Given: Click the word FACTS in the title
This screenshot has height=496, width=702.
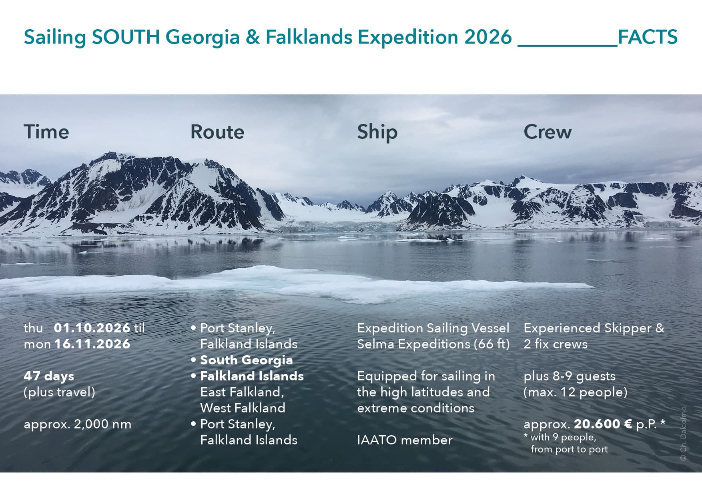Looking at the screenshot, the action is (x=648, y=37).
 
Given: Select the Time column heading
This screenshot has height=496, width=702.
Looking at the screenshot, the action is (x=46, y=132).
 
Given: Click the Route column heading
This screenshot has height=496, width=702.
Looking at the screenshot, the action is (x=217, y=132).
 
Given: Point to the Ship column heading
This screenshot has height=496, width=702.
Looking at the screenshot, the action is (x=377, y=132).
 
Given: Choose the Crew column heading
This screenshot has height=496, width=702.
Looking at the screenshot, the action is (x=548, y=132).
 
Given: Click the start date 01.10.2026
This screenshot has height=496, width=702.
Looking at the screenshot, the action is (x=92, y=328).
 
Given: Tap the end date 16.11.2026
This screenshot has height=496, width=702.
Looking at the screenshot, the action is (x=92, y=344).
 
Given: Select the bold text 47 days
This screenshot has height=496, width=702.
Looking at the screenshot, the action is (x=49, y=376).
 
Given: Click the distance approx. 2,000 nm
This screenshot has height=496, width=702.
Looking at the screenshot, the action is (x=78, y=424).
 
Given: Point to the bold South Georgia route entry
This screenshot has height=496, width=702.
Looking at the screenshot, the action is (x=247, y=360).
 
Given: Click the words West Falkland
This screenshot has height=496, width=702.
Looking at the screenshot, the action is (x=243, y=408).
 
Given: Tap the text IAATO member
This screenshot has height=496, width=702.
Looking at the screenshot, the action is (x=405, y=440).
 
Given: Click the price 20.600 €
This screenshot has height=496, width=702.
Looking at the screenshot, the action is (x=603, y=424).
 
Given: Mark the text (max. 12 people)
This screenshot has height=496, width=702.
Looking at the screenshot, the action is (x=576, y=392).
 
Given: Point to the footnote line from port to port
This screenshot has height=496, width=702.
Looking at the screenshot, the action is (x=569, y=449).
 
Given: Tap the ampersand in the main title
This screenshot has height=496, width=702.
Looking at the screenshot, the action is (x=251, y=37).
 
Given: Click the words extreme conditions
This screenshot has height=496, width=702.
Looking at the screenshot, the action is (x=415, y=408).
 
